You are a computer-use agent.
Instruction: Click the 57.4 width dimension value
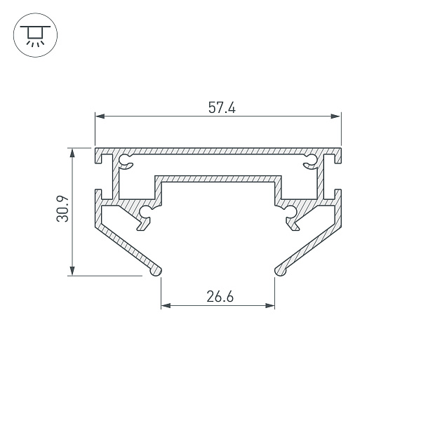(222, 107)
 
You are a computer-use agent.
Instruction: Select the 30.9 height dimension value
(63, 209)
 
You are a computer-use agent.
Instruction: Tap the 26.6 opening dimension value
(220, 297)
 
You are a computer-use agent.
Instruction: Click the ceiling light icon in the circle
(35, 36)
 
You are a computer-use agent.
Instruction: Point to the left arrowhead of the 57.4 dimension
(100, 116)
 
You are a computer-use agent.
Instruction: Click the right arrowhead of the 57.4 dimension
(336, 116)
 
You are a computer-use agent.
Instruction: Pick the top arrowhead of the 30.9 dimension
(72, 153)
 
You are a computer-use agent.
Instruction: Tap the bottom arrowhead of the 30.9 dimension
(72, 271)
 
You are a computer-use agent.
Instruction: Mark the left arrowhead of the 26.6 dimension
(166, 305)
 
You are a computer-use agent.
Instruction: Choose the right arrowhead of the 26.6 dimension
(270, 305)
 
